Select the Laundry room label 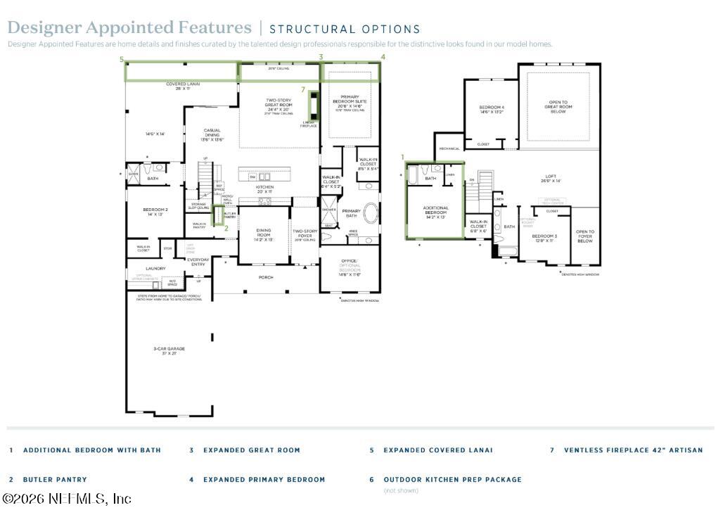155,268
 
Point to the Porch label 266,277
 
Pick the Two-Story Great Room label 278,106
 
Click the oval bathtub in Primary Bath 371,214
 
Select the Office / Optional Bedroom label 350,267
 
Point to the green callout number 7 302,90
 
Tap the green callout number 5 122,59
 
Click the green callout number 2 226,228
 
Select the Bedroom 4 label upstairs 492,109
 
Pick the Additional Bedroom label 435,212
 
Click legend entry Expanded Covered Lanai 437,450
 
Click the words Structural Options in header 345,30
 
